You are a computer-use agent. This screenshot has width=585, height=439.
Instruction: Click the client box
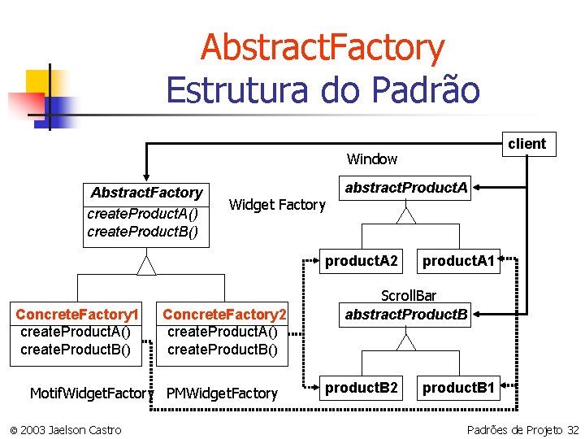(527, 144)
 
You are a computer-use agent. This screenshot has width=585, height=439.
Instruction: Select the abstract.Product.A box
(406, 189)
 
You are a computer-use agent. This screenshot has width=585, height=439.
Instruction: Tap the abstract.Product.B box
(406, 315)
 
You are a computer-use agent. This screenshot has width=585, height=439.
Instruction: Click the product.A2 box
(362, 261)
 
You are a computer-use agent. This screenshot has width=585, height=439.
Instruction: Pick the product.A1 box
(458, 261)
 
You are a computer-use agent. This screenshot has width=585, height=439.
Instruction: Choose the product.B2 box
(362, 388)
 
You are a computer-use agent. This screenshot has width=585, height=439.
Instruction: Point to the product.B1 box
(458, 388)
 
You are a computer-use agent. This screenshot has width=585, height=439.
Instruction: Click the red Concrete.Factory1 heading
(78, 314)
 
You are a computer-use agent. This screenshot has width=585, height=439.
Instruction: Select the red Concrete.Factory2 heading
(225, 314)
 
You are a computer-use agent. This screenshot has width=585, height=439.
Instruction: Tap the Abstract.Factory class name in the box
(146, 193)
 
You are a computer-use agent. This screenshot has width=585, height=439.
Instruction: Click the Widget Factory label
(277, 205)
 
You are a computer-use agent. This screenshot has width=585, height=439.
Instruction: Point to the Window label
(372, 159)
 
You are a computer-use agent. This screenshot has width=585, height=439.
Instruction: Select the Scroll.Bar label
(406, 297)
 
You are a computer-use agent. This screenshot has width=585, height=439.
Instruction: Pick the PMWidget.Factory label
(222, 393)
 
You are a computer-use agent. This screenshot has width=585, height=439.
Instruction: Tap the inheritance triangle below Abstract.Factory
(146, 265)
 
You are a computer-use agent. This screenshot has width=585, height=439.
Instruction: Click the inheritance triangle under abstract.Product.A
(406, 215)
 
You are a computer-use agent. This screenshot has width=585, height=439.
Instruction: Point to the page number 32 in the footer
(573, 429)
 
